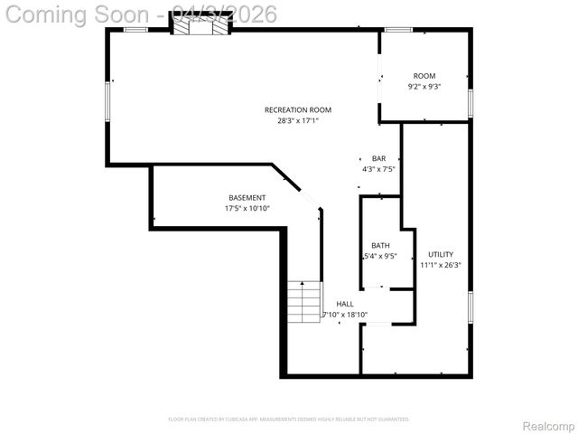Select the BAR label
tap(378, 158)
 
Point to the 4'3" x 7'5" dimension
tap(378, 168)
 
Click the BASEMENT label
tap(247, 198)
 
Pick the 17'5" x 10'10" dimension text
tap(247, 208)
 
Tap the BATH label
tap(380, 246)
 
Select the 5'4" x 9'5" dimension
tap(380, 256)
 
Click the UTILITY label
tap(441, 255)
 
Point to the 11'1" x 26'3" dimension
tap(441, 265)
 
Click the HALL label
tap(345, 305)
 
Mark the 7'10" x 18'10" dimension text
tap(345, 315)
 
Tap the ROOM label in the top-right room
tap(424, 76)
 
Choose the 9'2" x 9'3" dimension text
tap(424, 87)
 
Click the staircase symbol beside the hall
tap(305, 301)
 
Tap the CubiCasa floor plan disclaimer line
tap(289, 420)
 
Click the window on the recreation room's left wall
tap(107, 99)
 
